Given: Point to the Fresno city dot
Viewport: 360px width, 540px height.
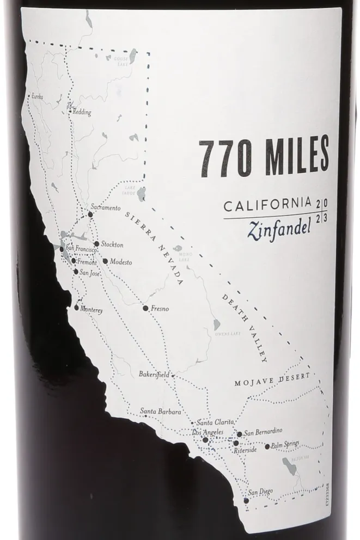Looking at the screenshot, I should coord(145,308).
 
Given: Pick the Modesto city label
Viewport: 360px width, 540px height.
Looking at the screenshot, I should coord(121,261).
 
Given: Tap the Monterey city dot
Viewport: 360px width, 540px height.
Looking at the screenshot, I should coord(77,308).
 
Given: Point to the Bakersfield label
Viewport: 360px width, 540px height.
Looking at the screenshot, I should coord(155,375).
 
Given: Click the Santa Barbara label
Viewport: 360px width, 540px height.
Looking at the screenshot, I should coord(160,412).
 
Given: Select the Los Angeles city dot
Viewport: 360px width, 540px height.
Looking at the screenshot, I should coord(205,440).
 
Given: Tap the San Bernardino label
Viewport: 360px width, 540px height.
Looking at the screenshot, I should coord(263,433).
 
